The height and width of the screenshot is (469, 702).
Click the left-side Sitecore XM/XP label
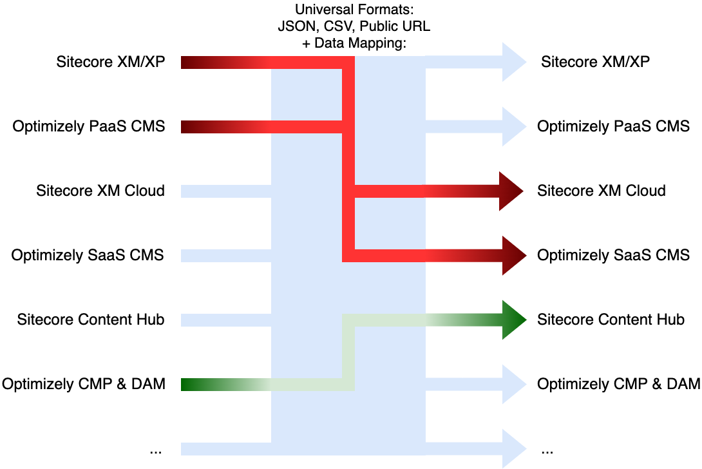pos(111,62)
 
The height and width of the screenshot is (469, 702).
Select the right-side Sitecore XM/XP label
pos(595,62)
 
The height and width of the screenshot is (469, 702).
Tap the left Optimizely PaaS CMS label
pos(89,126)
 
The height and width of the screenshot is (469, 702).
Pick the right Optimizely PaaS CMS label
pos(613,126)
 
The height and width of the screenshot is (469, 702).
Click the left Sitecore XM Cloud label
pos(100,191)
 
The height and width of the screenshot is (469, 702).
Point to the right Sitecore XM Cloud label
pos(602,191)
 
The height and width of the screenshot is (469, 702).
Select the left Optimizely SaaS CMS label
pos(88,255)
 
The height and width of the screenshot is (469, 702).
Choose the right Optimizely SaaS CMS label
pos(613,255)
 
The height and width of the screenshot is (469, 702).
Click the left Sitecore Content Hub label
pos(91,320)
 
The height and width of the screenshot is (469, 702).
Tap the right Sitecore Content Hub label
pos(611,320)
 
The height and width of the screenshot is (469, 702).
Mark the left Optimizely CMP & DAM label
pos(84,384)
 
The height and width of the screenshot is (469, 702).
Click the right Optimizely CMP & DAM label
pos(618,384)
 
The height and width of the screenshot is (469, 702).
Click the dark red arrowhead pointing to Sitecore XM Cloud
pos(512,191)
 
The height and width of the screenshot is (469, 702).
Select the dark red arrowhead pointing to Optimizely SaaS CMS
pos(512,256)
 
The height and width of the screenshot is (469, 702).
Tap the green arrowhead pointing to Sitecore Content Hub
pos(512,320)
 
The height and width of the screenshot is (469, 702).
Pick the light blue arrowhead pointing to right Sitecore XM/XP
pos(512,62)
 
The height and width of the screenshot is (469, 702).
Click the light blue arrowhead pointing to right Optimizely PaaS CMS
pos(512,127)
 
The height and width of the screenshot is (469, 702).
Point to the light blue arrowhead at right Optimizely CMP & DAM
pos(512,385)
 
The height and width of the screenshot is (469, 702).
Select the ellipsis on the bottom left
pos(155,450)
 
